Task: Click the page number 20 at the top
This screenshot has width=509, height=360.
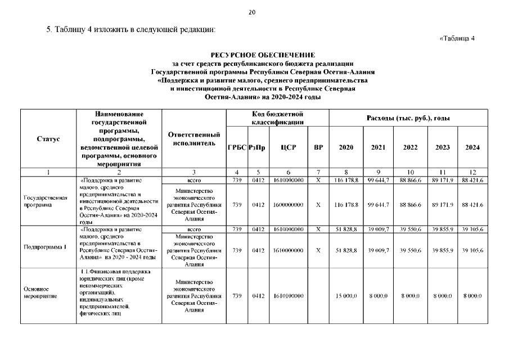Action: pyautogui.click(x=251, y=13)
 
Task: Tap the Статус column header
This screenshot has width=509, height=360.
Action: pyautogui.click(x=48, y=139)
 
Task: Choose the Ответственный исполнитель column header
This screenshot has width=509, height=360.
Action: pyautogui.click(x=193, y=139)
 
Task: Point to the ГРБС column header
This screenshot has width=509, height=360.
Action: pyautogui.click(x=237, y=147)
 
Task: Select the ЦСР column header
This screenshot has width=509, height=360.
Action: pyautogui.click(x=289, y=147)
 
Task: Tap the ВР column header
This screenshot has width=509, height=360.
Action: pyautogui.click(x=318, y=147)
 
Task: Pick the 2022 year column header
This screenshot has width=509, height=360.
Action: pyautogui.click(x=411, y=147)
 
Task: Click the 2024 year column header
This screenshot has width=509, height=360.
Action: pyautogui.click(x=472, y=147)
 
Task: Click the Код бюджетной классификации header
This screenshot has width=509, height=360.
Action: pyautogui.click(x=278, y=118)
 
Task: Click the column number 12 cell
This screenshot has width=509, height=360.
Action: pyautogui.click(x=472, y=172)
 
